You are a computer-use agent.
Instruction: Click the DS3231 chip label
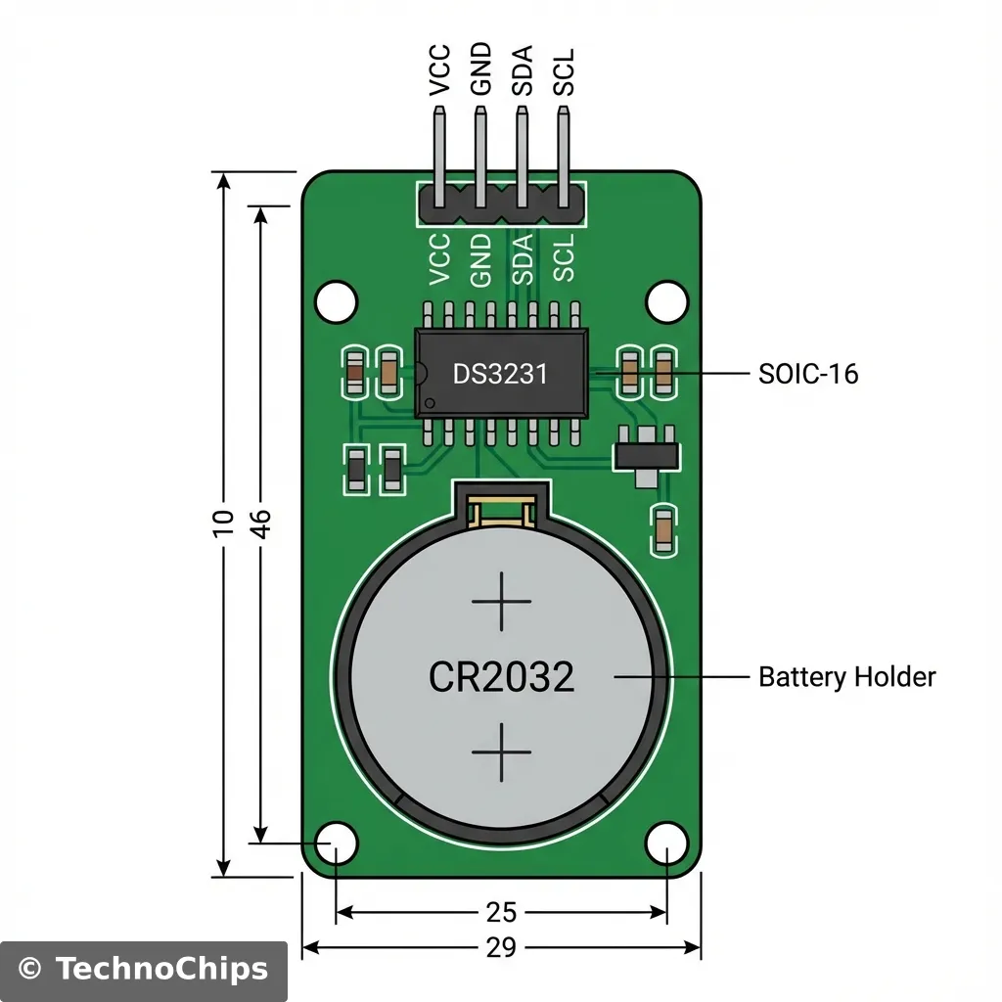pos(500,374)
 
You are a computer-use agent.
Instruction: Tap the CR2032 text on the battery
pos(501,676)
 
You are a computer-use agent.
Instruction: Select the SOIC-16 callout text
pos(808,374)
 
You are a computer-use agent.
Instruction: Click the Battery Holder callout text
pos(847,676)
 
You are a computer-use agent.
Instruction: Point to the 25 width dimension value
pos(501,912)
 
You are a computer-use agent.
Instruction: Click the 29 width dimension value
pos(501,947)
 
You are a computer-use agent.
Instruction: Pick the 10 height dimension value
pos(224,523)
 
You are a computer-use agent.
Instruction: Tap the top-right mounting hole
pos(666,300)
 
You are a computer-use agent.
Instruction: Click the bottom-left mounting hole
pos(337,842)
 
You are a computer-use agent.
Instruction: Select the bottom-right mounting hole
pos(666,842)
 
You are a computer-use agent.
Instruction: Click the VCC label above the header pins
pos(440,70)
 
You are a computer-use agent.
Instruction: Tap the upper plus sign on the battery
pos(501,602)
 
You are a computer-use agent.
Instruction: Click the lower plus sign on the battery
pos(501,752)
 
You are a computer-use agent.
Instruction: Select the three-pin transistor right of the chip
pos(645,455)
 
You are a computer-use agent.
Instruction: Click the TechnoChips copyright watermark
pos(144,969)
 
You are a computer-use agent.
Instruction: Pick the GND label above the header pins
pos(481,70)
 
